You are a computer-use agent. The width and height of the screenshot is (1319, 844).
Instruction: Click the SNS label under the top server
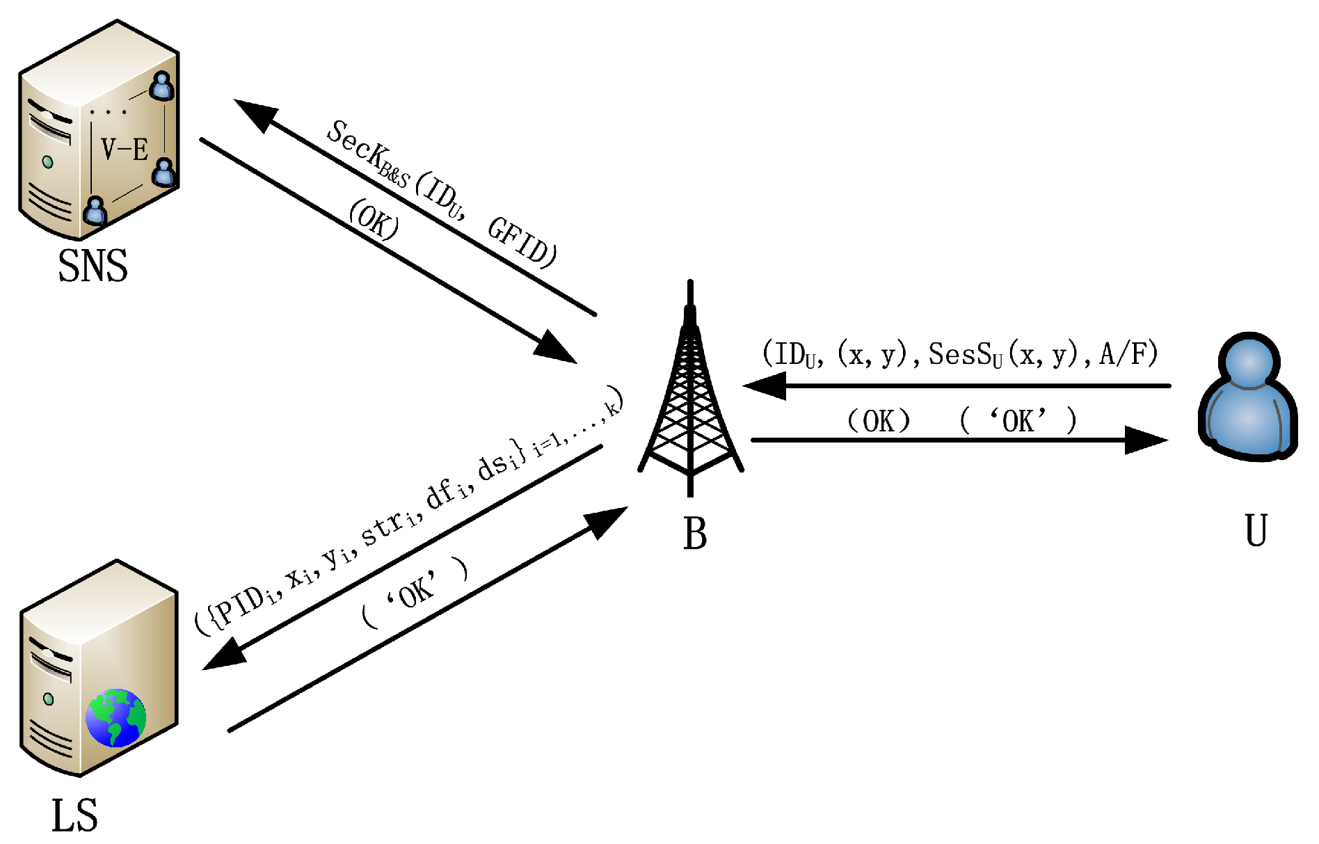93,266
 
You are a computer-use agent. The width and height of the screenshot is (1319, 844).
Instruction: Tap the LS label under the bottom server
74,815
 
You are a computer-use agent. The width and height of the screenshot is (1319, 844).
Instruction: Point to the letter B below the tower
694,534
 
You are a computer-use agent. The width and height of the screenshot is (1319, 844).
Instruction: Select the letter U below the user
1256,531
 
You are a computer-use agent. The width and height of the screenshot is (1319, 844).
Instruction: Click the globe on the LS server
116,717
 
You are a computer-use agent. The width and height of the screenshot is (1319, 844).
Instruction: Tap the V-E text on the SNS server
125,150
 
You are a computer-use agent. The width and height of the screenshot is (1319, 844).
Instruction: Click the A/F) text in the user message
1128,354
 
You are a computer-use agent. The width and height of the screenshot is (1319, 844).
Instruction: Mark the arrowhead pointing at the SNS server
254,113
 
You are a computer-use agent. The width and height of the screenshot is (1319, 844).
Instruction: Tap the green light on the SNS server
47,162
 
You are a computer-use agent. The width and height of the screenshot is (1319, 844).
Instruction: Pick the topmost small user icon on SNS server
161,86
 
